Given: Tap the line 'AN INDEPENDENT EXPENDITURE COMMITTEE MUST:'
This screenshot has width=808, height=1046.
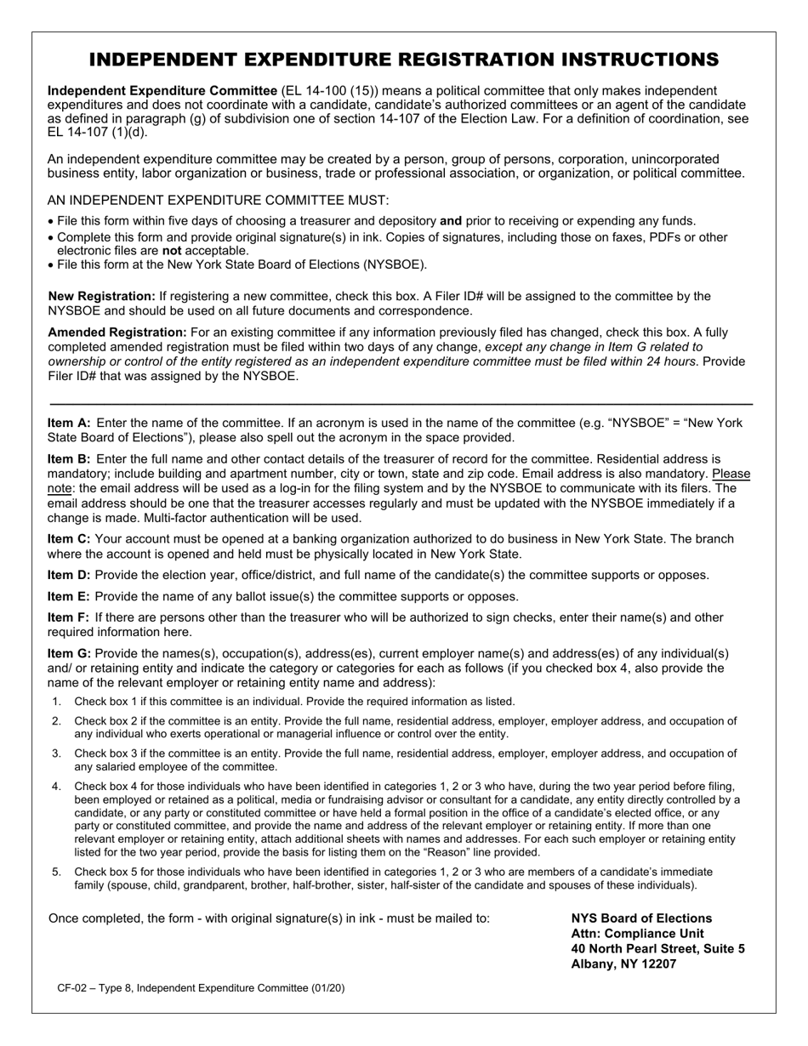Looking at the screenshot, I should coord(218,201).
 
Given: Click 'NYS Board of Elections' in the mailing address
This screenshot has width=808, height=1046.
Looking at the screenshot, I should coord(641,918).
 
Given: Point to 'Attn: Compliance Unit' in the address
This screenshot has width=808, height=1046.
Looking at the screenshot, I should coord(637,934).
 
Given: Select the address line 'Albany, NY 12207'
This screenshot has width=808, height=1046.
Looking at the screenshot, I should coord(623,964).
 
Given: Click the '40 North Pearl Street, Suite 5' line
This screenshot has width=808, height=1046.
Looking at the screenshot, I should coord(657,949).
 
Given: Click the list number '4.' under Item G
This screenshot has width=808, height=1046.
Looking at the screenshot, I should coord(56,787).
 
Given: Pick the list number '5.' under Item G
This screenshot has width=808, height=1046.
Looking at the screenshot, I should coord(56,872).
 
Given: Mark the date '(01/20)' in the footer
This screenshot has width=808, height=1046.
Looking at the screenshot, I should coord(327,988).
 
